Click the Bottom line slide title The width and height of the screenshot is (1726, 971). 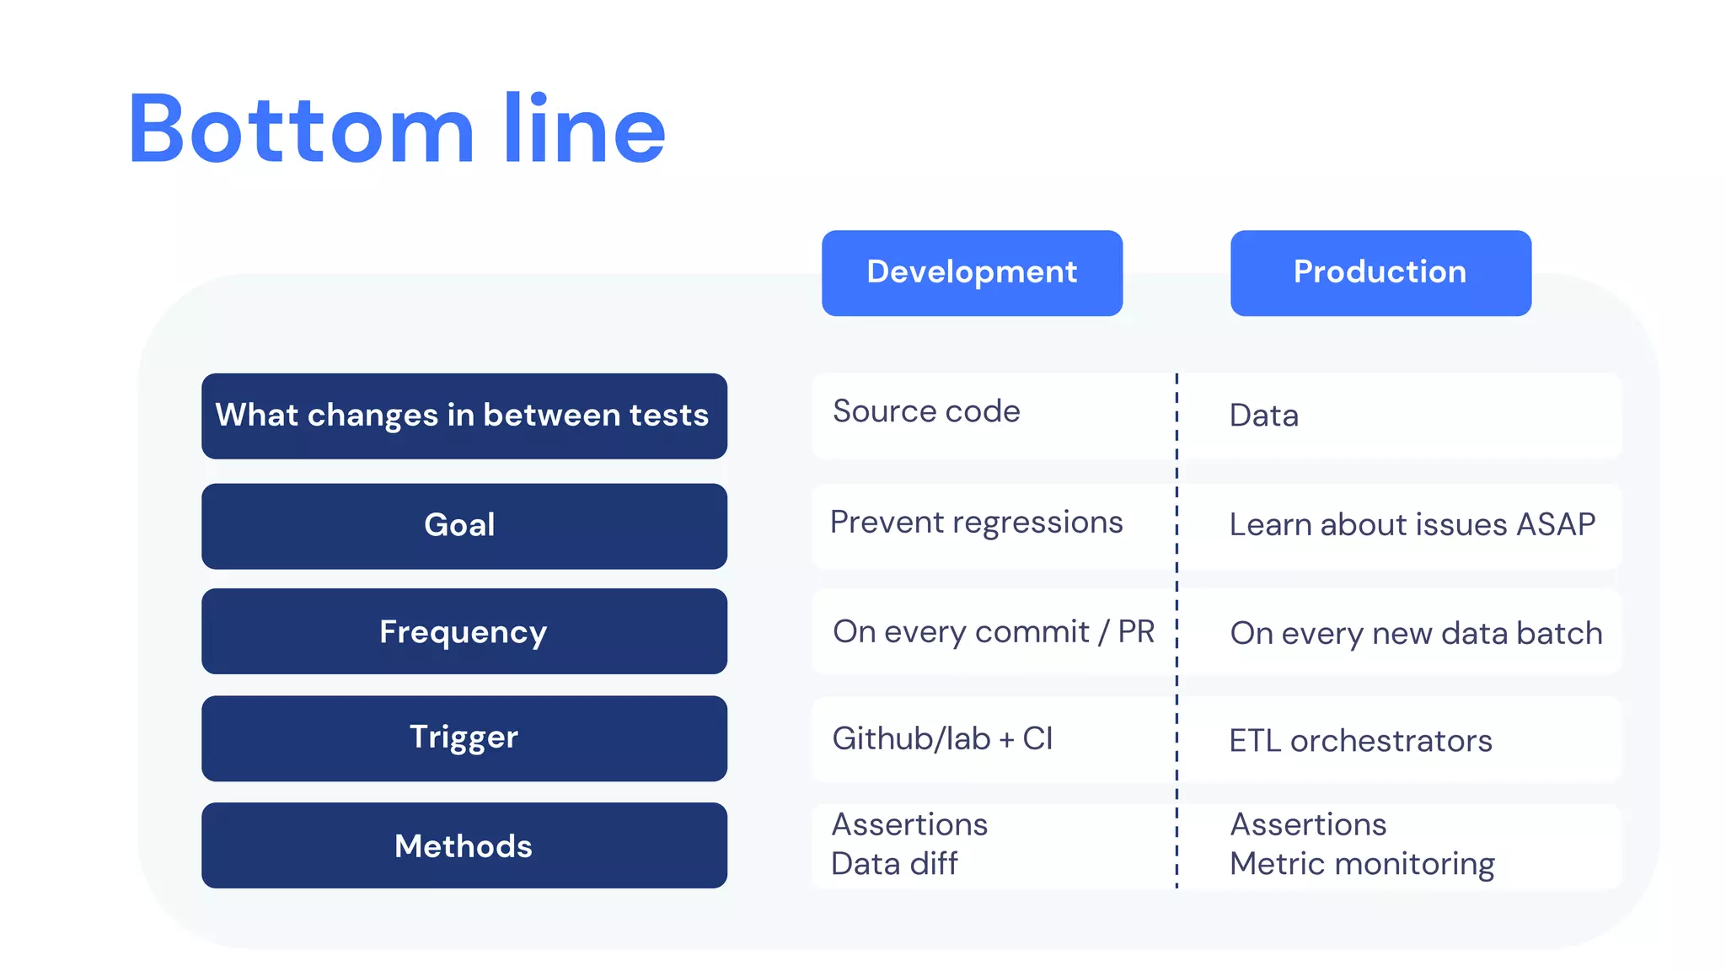(396, 129)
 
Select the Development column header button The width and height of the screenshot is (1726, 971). (972, 272)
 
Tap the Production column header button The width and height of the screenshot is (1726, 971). (1380, 272)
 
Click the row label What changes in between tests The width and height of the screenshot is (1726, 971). (464, 416)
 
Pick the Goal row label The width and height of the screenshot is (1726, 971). (464, 525)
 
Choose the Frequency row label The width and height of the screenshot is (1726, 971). (464, 631)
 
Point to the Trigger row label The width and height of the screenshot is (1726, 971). (464, 738)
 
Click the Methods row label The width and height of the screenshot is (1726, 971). (464, 845)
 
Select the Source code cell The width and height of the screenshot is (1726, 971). (926, 411)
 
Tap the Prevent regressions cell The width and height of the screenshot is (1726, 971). (976, 523)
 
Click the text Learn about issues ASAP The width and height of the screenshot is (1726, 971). (1412, 525)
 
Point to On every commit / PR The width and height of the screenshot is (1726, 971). (993, 632)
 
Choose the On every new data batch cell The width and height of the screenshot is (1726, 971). (1416, 633)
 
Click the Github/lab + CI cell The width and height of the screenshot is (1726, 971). (942, 738)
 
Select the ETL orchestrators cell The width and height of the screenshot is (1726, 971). (1360, 741)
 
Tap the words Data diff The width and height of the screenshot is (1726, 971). (894, 864)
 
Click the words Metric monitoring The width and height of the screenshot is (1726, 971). (1362, 864)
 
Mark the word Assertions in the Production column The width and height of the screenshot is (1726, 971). (1308, 824)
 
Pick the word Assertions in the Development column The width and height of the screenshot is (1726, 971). (909, 824)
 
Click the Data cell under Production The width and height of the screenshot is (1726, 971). (1263, 416)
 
